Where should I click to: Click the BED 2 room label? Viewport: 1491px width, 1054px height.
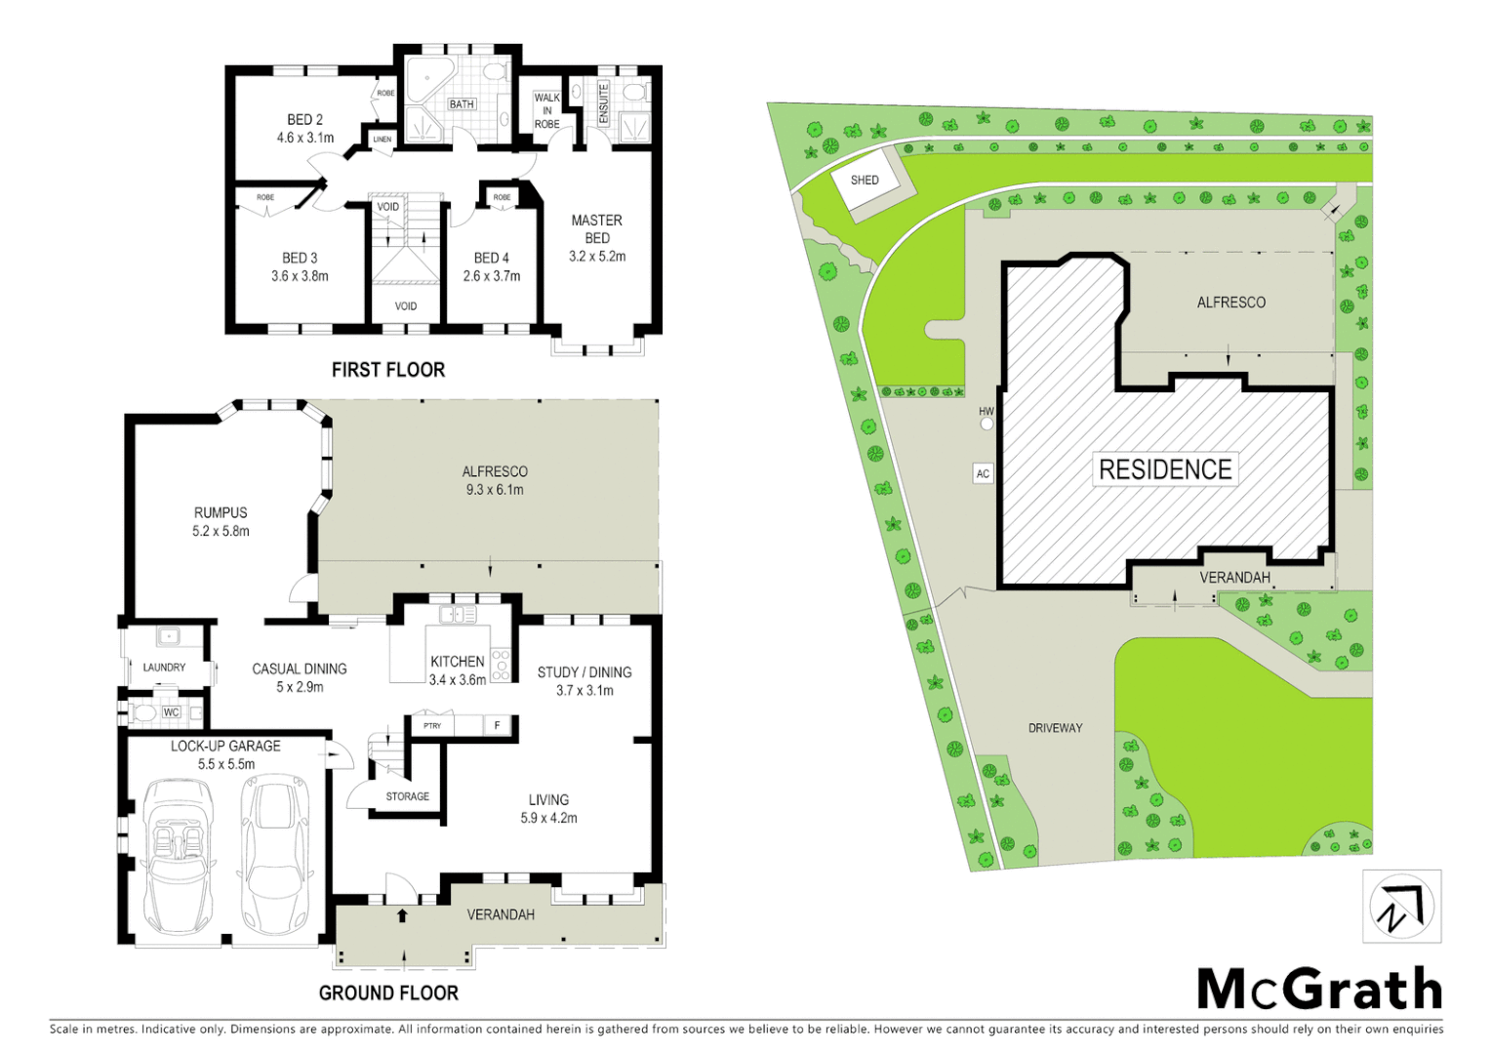click(x=304, y=119)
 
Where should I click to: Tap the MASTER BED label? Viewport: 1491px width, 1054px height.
click(x=597, y=228)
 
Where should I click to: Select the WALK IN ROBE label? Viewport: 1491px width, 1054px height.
click(x=546, y=110)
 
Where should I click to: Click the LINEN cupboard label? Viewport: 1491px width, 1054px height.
click(x=383, y=140)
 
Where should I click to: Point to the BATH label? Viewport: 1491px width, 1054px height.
click(x=462, y=104)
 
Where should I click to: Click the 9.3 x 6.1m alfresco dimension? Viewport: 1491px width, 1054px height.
click(x=495, y=490)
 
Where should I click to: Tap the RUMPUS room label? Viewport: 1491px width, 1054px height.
click(x=221, y=512)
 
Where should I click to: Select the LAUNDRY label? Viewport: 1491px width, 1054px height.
click(x=164, y=668)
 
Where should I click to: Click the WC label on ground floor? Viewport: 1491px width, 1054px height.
click(x=172, y=712)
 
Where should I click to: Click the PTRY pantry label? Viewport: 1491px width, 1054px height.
click(x=432, y=726)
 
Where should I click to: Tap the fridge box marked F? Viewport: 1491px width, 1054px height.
click(x=498, y=726)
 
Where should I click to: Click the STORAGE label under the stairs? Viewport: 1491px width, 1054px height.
click(x=407, y=796)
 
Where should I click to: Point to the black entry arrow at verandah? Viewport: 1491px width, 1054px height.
click(x=402, y=915)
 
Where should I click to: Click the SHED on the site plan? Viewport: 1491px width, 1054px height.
click(x=864, y=181)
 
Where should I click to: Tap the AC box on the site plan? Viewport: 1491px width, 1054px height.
click(x=983, y=473)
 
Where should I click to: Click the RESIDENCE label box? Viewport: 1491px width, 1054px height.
click(x=1165, y=469)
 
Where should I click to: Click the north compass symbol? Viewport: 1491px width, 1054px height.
click(x=1401, y=908)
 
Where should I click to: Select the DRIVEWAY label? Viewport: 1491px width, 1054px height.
click(x=1055, y=728)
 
